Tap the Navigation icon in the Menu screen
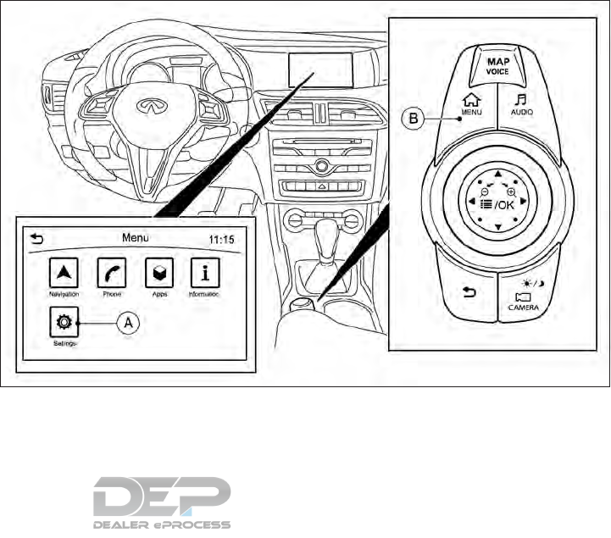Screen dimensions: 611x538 tap(63, 273)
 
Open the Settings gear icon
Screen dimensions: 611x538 tap(63, 324)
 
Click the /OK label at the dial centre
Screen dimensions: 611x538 tap(503, 203)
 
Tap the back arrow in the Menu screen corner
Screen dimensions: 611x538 tap(35, 238)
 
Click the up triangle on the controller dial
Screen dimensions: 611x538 tap(498, 176)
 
